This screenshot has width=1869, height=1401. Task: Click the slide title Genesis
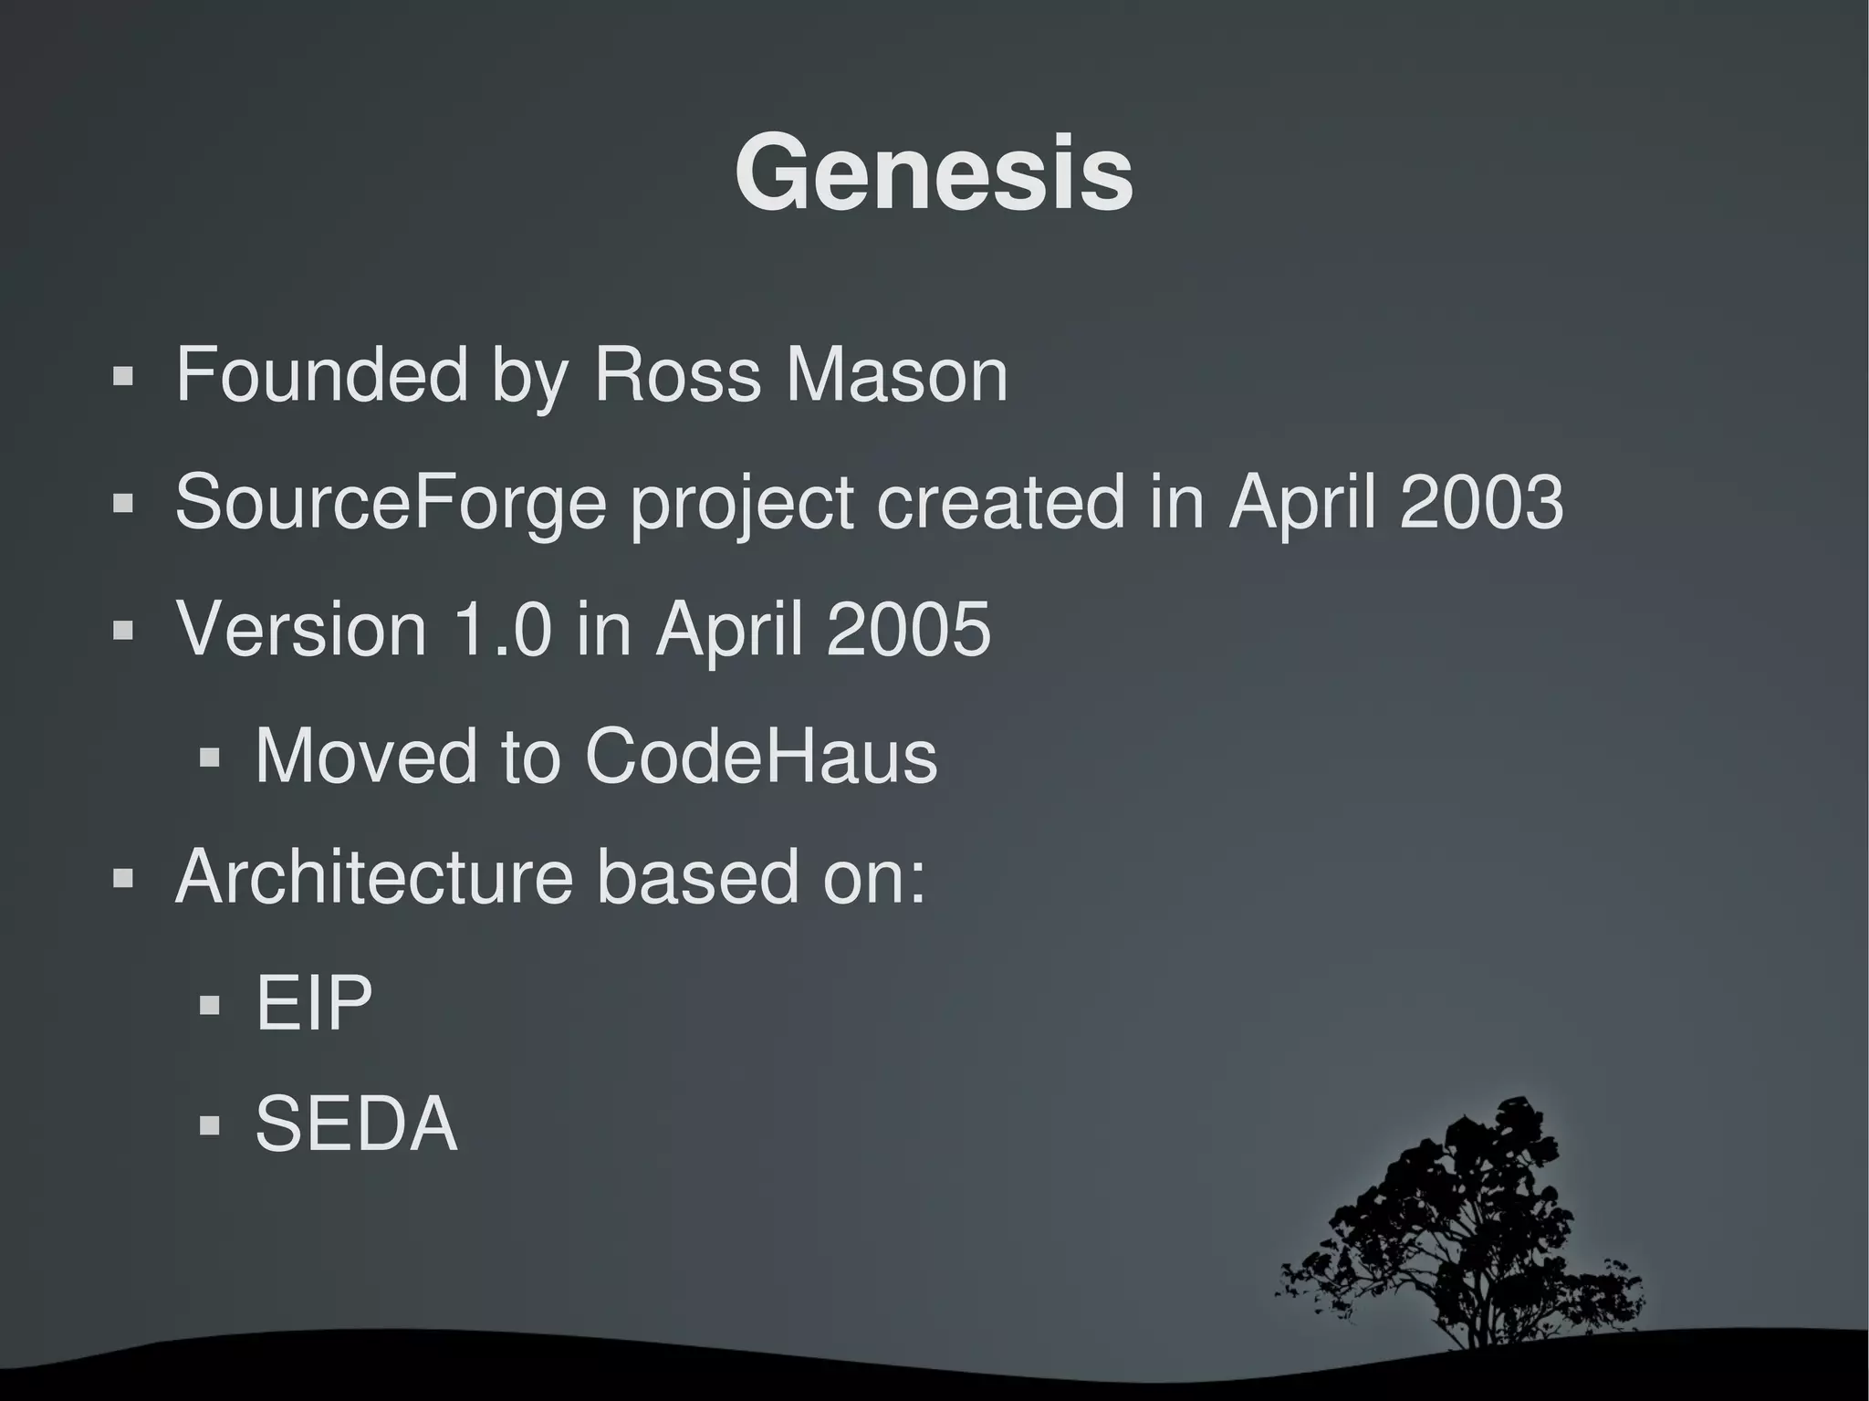coord(934,173)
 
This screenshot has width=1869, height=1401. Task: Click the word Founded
coord(321,374)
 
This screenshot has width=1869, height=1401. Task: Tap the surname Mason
coord(896,374)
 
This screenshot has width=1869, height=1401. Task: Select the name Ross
coord(676,374)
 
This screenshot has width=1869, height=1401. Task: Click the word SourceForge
coord(391,502)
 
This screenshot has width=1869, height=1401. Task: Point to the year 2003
coord(1481,502)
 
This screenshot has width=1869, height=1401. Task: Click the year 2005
coord(907,629)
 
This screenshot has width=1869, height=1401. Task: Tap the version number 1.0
coord(503,629)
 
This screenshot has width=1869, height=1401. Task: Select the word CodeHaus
coord(760,756)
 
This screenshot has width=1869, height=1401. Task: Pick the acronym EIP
coord(314,1003)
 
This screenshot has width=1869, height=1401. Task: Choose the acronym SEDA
coord(356,1124)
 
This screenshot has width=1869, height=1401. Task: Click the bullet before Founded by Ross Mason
coord(123,376)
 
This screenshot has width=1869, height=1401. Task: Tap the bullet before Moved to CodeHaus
coord(210,758)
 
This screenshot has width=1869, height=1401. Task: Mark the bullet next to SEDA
coord(210,1125)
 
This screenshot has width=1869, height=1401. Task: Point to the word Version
coord(301,629)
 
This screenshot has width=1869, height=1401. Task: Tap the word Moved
coord(366,756)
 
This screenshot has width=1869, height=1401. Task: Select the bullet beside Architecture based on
coord(123,879)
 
